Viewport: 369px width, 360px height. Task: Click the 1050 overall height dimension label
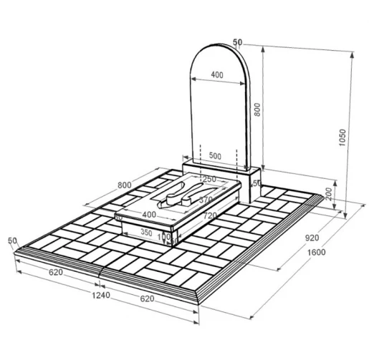click(342, 137)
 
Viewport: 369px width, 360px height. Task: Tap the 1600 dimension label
click(316, 252)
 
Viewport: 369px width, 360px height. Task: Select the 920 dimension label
click(312, 238)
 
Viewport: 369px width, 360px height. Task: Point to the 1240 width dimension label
click(101, 295)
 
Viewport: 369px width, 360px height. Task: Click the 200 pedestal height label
click(329, 193)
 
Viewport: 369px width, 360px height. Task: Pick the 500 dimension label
click(215, 156)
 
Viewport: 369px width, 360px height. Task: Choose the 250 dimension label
click(209, 179)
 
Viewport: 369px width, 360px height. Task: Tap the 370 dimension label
click(206, 200)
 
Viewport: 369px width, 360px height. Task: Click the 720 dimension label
click(210, 215)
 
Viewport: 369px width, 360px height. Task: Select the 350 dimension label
click(146, 232)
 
